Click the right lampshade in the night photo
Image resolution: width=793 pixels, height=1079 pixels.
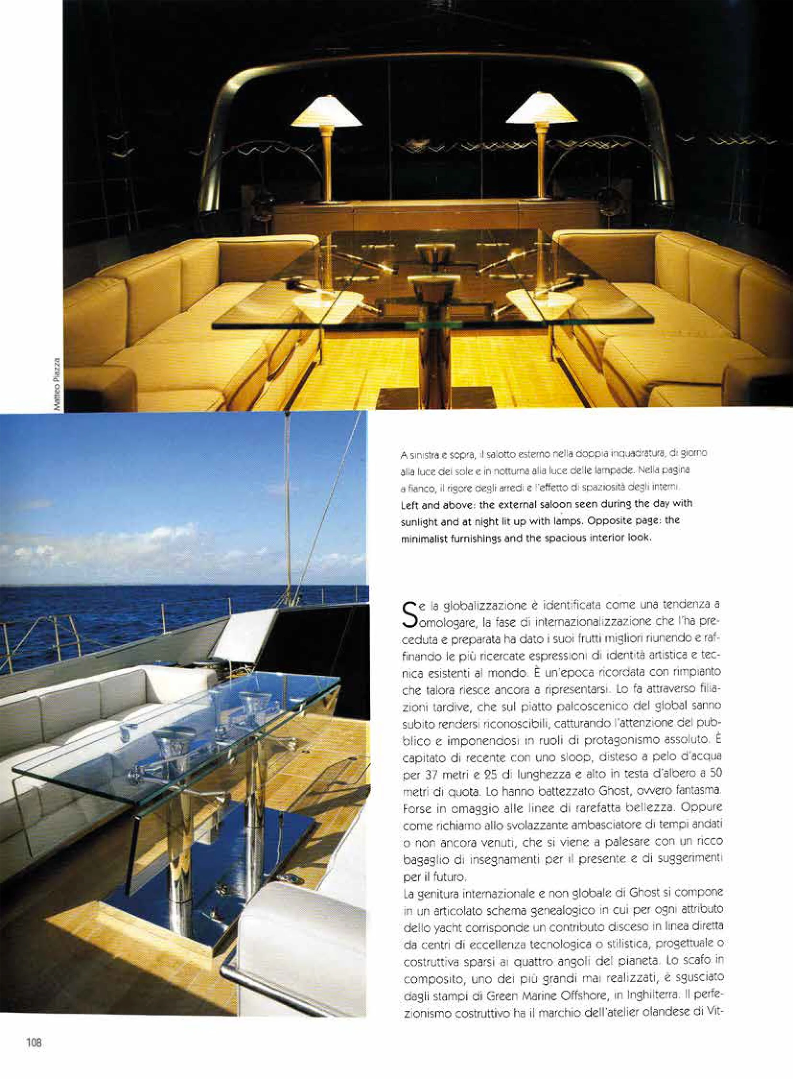click(542, 109)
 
